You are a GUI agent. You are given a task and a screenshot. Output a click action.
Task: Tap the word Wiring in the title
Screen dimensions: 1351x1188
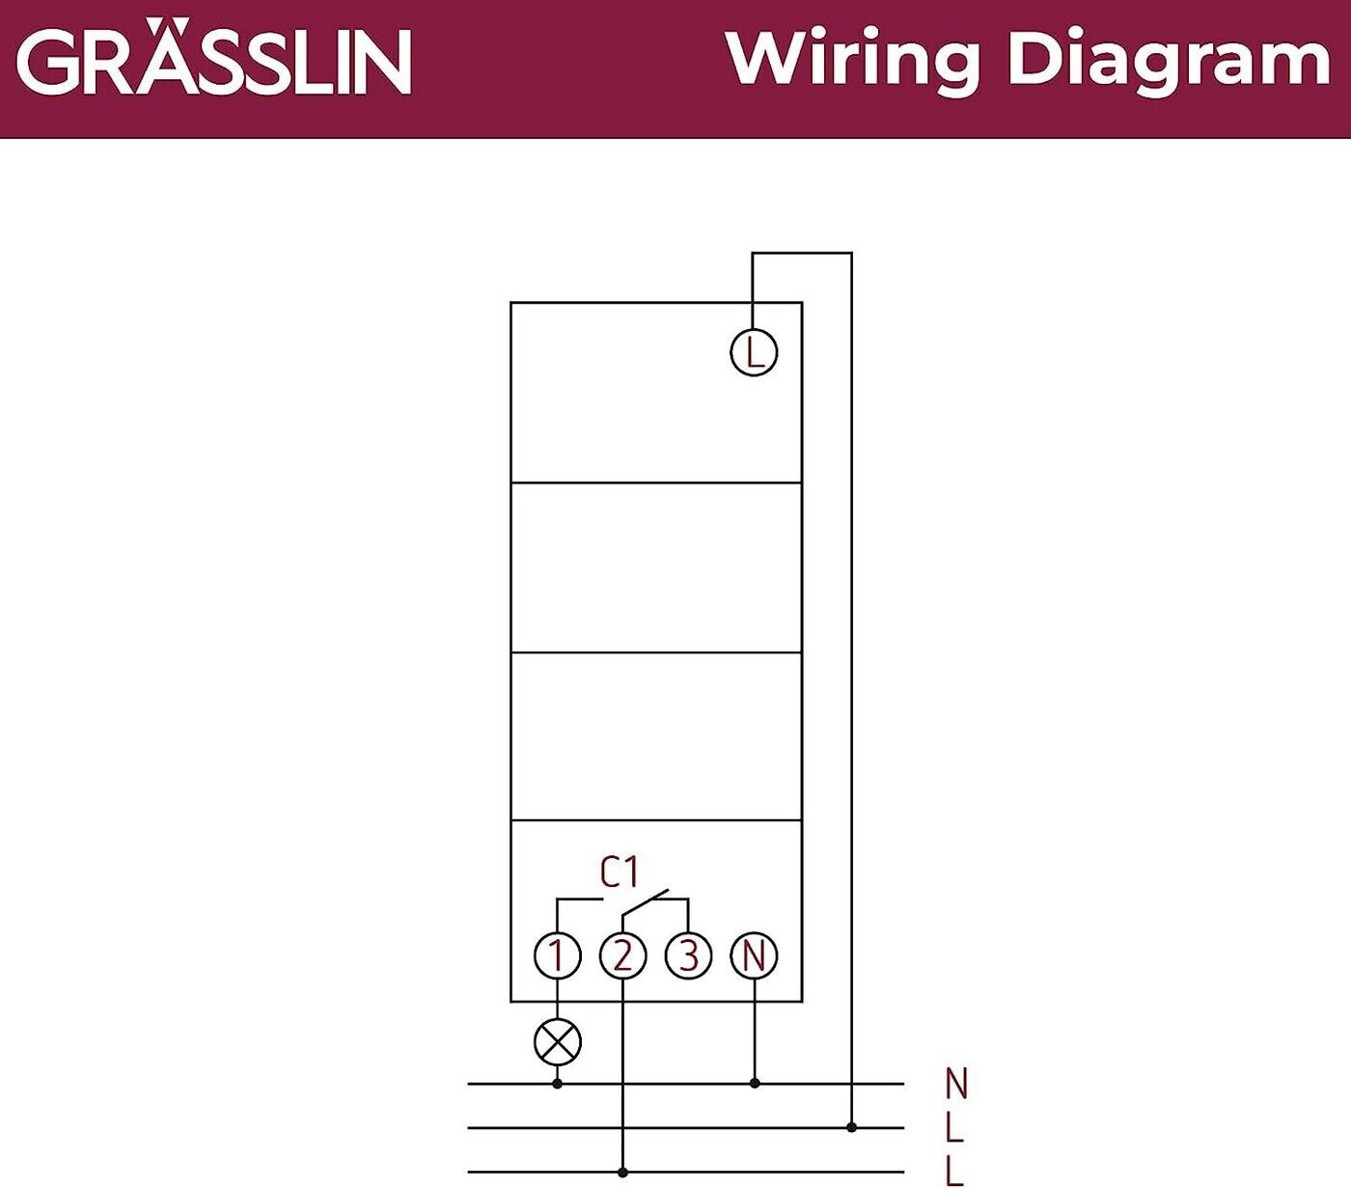[853, 62]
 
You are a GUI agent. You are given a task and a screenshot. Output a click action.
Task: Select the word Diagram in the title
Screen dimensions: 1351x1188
[1169, 62]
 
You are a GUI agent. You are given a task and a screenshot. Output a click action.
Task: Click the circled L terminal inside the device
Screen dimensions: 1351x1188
[754, 353]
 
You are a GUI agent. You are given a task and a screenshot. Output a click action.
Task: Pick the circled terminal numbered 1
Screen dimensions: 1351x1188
[558, 955]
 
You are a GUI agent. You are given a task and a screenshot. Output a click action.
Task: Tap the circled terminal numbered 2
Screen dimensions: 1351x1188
[622, 955]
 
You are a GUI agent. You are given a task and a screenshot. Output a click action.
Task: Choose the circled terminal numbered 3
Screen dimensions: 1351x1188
[688, 955]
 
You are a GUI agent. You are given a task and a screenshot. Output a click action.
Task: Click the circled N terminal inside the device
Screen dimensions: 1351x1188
[754, 955]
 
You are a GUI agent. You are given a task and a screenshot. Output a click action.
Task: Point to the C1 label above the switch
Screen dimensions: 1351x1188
[620, 871]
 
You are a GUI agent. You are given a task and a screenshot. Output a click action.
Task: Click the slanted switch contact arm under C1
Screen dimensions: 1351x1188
[646, 901]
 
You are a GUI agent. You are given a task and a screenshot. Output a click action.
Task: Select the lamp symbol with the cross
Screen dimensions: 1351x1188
[558, 1042]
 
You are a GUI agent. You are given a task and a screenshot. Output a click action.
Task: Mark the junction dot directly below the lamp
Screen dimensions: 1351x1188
[558, 1084]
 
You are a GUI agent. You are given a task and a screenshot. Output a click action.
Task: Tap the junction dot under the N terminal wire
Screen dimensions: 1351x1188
[755, 1083]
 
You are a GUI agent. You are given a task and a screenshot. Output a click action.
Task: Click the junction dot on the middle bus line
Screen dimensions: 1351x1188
[851, 1127]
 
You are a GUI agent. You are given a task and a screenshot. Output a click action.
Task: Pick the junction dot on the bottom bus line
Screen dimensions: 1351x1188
[622, 1172]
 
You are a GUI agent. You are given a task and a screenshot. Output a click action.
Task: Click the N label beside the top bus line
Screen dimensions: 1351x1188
[956, 1083]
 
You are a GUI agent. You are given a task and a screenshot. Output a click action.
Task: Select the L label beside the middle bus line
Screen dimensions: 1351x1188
[954, 1127]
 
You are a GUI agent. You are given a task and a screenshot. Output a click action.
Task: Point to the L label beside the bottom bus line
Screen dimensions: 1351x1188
[954, 1172]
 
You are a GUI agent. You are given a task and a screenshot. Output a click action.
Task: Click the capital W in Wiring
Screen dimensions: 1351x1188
[766, 60]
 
